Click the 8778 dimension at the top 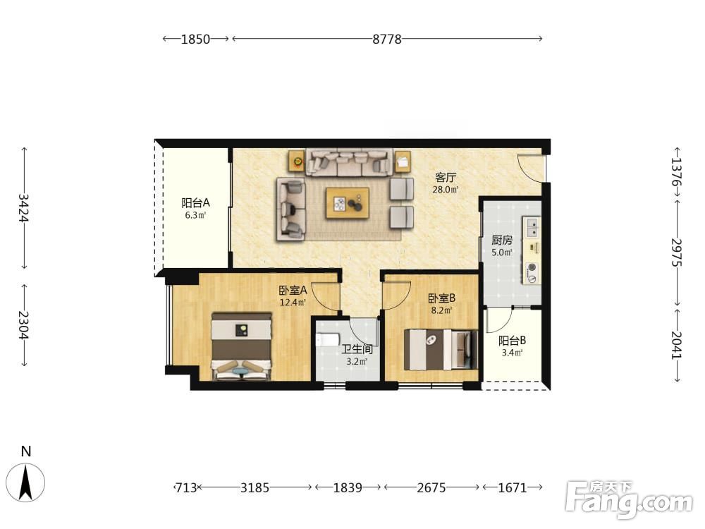pyautogui.click(x=386, y=39)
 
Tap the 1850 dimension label pyautogui.click(x=195, y=39)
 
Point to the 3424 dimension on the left pyautogui.click(x=24, y=208)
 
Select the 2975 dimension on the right pyautogui.click(x=677, y=253)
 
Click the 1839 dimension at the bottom pyautogui.click(x=348, y=487)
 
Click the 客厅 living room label pyautogui.click(x=445, y=177)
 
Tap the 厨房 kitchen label pyautogui.click(x=502, y=241)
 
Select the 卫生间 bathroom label pyautogui.click(x=357, y=349)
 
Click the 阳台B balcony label pyautogui.click(x=512, y=341)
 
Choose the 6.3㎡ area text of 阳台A pyautogui.click(x=195, y=215)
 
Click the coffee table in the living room pyautogui.click(x=348, y=203)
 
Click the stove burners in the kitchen pyautogui.click(x=532, y=273)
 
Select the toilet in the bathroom pyautogui.click(x=325, y=339)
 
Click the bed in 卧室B pyautogui.click(x=441, y=350)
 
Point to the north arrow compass pyautogui.click(x=26, y=482)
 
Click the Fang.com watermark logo pyautogui.click(x=629, y=499)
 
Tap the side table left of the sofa pyautogui.click(x=297, y=161)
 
